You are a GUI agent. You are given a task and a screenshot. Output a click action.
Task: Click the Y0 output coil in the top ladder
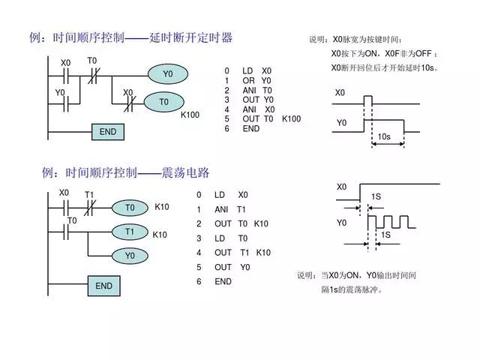point(167,74)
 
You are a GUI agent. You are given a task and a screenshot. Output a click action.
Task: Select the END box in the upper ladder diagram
point(108,132)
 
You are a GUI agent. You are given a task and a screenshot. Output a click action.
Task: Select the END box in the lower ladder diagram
point(103,286)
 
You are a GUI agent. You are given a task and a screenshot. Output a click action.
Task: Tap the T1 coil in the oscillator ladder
point(130,232)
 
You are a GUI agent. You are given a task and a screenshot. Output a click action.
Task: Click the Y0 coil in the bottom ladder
point(130,256)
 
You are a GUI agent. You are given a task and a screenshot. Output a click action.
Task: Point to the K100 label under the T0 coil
point(190,115)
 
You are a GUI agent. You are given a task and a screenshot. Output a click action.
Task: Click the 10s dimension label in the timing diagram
point(384,137)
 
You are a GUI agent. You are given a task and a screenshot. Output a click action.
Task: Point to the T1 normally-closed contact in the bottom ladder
point(89,208)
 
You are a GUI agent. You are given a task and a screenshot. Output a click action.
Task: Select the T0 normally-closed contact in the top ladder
point(94,74)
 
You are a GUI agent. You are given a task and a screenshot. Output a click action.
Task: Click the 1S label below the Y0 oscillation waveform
point(385,235)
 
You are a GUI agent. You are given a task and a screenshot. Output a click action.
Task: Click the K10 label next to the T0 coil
point(162,206)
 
